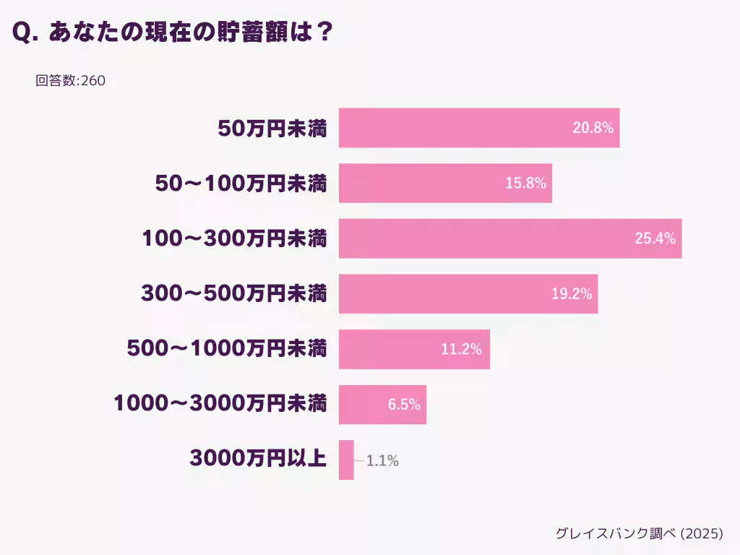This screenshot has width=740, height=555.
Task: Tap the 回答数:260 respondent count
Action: (x=70, y=81)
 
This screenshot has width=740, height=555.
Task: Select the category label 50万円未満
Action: (x=272, y=129)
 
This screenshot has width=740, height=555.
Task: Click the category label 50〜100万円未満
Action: (x=241, y=184)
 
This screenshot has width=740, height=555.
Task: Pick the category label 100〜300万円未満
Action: (x=233, y=238)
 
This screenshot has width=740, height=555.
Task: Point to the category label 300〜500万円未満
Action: (x=233, y=294)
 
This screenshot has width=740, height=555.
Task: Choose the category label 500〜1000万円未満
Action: (x=226, y=349)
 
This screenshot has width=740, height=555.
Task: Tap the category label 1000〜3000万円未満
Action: (x=220, y=404)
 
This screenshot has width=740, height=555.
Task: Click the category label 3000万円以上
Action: (x=258, y=459)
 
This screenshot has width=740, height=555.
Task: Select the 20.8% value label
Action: (x=593, y=128)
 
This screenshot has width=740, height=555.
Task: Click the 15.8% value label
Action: (x=525, y=184)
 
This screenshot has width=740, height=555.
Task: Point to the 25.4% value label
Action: (x=655, y=238)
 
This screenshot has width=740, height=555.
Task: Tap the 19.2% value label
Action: (x=571, y=294)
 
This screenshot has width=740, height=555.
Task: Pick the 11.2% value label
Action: (x=461, y=349)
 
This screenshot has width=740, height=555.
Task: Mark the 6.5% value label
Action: (x=404, y=405)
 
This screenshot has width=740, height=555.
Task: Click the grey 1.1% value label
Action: (x=382, y=460)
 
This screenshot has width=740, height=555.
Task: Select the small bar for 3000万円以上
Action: (x=346, y=460)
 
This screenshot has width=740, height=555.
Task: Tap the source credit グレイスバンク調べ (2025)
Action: (x=639, y=533)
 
